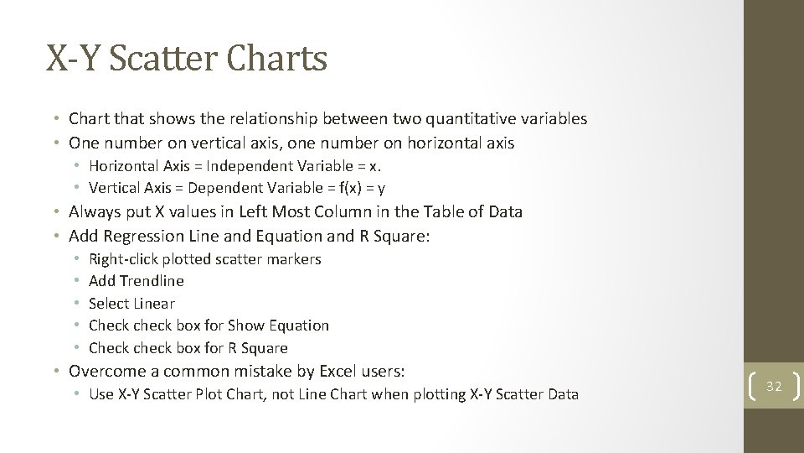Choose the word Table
coord(425,211)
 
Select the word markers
coord(294,259)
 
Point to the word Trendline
coord(152,281)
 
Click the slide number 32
coord(774,386)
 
